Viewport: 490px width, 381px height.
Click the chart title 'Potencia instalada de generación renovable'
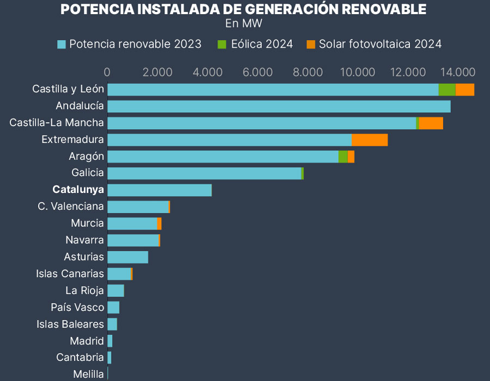[243, 9]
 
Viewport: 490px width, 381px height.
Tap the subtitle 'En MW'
[243, 23]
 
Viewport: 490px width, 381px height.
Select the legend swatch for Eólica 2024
[222, 44]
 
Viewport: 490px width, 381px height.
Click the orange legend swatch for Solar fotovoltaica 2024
[311, 44]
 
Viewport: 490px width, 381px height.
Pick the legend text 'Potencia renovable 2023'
[135, 44]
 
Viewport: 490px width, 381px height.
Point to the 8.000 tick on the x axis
[308, 72]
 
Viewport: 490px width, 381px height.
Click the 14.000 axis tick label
[458, 72]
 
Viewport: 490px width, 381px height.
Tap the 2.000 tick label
[157, 72]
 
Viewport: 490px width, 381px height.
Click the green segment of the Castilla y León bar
[446, 90]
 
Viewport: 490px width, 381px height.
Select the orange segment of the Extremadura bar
[369, 140]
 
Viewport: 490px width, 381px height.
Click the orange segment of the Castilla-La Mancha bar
[431, 123]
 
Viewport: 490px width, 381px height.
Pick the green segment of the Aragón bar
[343, 157]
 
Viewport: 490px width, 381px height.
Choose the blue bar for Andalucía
[279, 107]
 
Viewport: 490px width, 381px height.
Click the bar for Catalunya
[160, 190]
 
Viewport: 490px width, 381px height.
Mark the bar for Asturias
[128, 257]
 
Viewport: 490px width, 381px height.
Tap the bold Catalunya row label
[78, 190]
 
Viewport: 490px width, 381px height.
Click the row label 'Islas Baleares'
[70, 324]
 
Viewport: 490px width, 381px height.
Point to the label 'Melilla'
[88, 374]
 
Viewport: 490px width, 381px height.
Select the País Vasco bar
[113, 308]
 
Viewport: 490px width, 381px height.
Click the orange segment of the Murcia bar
[159, 223]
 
